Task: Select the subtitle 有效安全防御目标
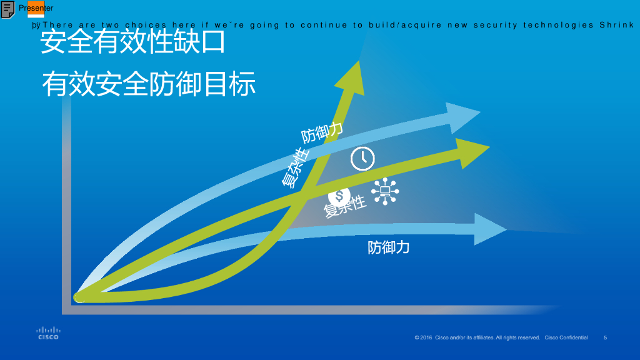[x=149, y=84]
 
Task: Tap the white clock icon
[x=362, y=158]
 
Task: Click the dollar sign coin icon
[x=339, y=195]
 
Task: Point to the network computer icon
[x=385, y=191]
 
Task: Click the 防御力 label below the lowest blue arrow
[x=389, y=247]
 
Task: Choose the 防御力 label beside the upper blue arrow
[x=322, y=133]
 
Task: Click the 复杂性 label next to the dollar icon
[x=345, y=207]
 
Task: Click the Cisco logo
[x=47, y=333]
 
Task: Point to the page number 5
[x=605, y=337]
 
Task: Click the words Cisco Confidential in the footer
[x=566, y=337]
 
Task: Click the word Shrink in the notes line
[x=617, y=26]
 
